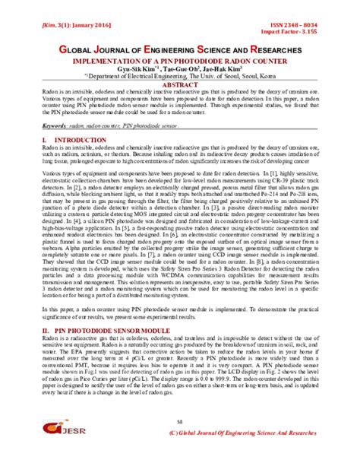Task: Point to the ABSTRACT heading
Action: click(180, 84)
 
